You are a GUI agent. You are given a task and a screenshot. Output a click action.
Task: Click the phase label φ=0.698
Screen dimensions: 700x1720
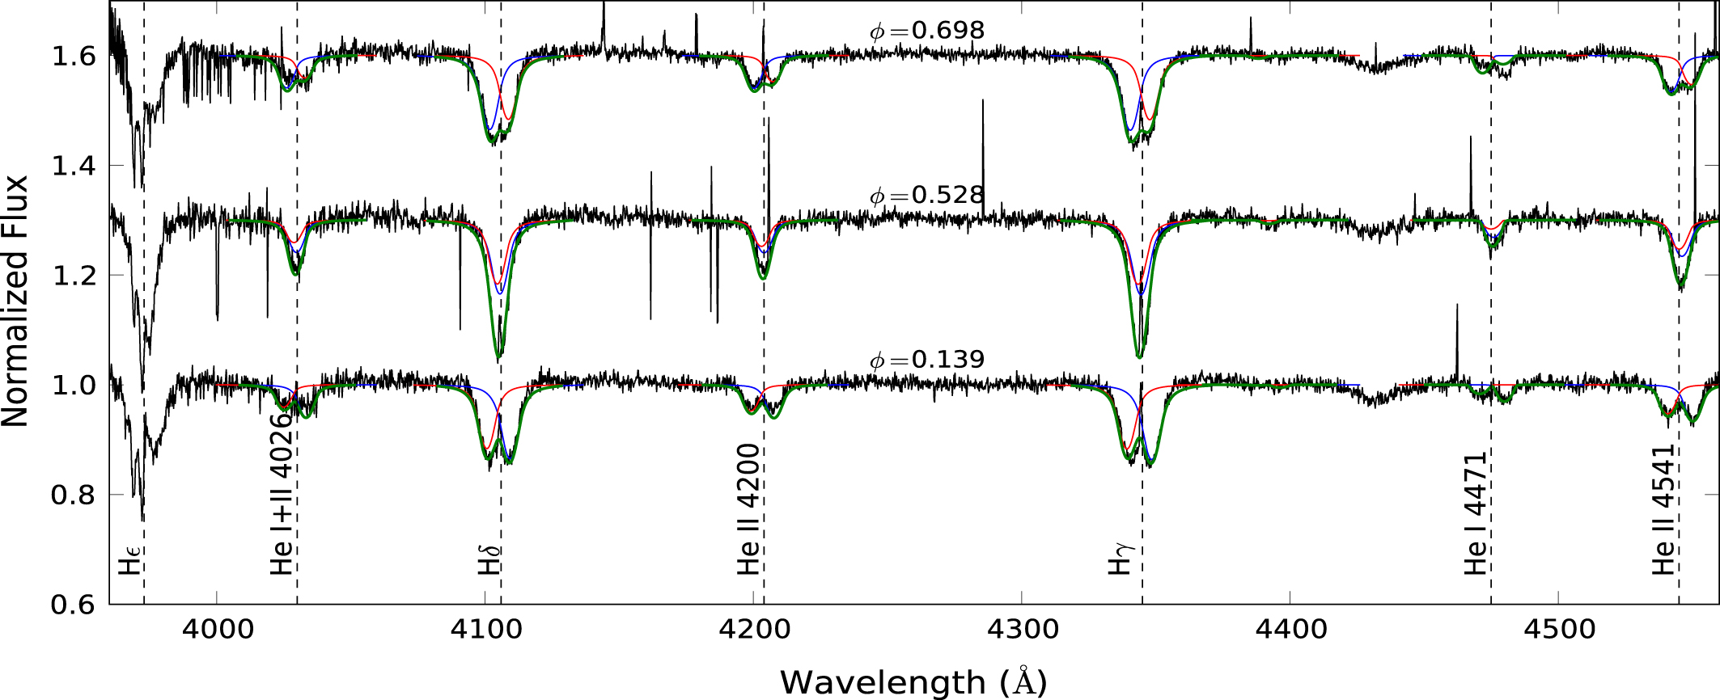coord(927,31)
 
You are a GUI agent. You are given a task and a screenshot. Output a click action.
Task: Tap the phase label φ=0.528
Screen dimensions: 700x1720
coord(927,196)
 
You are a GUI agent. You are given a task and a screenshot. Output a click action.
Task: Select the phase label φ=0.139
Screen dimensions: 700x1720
coord(927,360)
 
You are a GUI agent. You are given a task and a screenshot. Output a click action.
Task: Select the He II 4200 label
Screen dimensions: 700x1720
coord(748,509)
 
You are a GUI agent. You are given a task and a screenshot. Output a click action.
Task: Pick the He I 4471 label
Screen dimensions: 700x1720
coord(1476,513)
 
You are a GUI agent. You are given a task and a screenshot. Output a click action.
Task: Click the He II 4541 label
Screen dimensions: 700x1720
coord(1663,509)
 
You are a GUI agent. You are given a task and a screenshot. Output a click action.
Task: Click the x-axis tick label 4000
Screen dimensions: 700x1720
coord(217,630)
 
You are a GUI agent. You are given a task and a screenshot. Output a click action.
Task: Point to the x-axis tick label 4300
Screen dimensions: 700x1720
coord(1022,630)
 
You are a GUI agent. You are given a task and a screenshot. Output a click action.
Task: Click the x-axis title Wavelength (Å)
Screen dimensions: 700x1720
coord(913,682)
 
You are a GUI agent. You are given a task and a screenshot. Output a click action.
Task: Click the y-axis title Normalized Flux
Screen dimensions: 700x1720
coord(16,302)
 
